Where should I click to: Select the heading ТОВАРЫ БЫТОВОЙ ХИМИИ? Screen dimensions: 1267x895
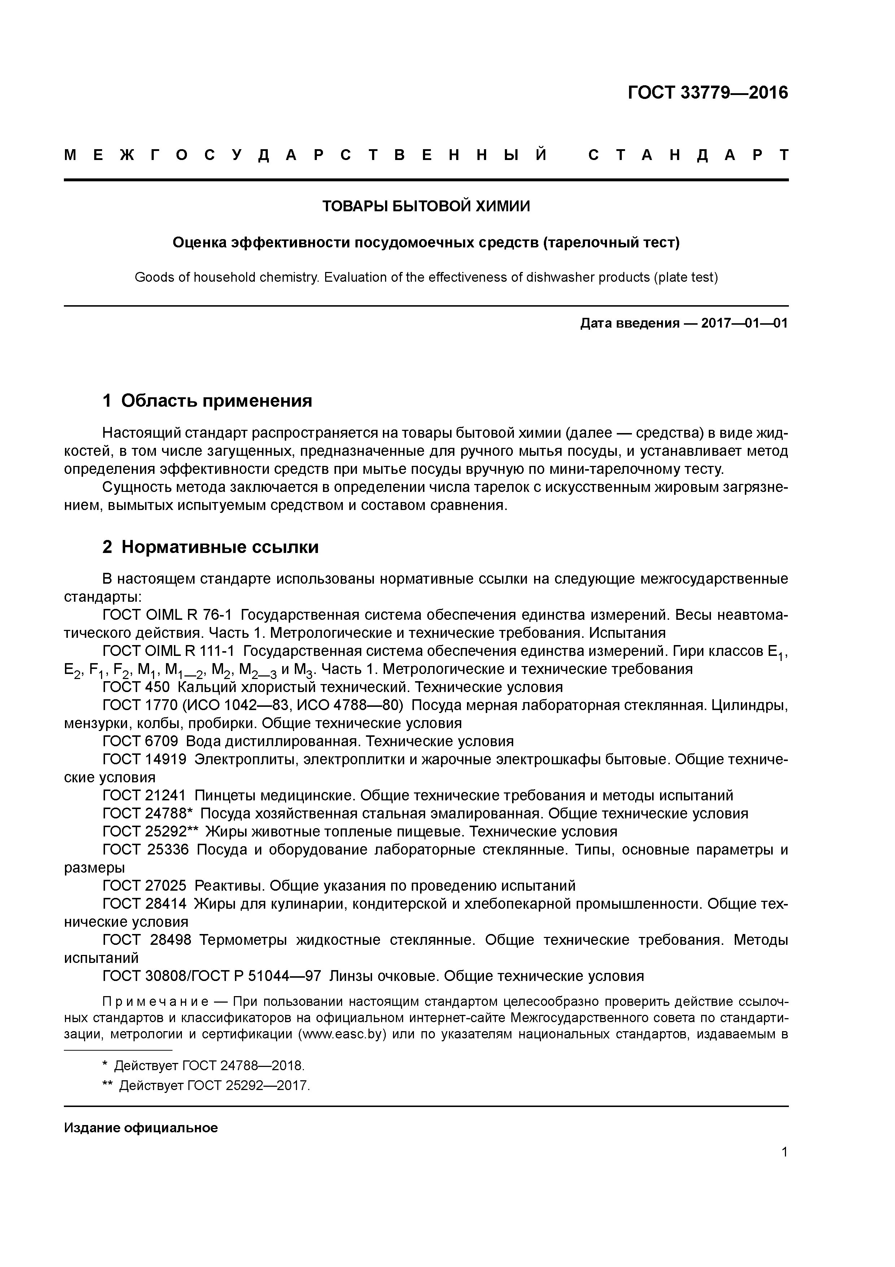pos(426,206)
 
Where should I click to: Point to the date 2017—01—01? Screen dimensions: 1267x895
pos(744,323)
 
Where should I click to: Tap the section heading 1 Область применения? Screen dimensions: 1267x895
pos(208,401)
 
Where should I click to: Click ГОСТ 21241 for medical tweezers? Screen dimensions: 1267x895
pos(144,796)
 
